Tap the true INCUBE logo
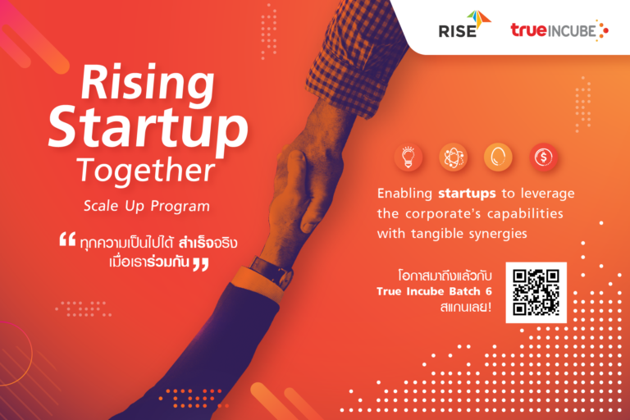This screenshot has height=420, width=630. click(x=559, y=30)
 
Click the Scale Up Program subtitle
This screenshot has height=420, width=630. click(x=145, y=206)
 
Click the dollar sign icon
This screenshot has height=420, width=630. click(x=542, y=157)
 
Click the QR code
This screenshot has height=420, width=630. click(x=536, y=292)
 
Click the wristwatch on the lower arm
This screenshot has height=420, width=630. click(x=272, y=272)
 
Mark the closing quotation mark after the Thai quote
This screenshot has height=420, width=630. click(x=199, y=263)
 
